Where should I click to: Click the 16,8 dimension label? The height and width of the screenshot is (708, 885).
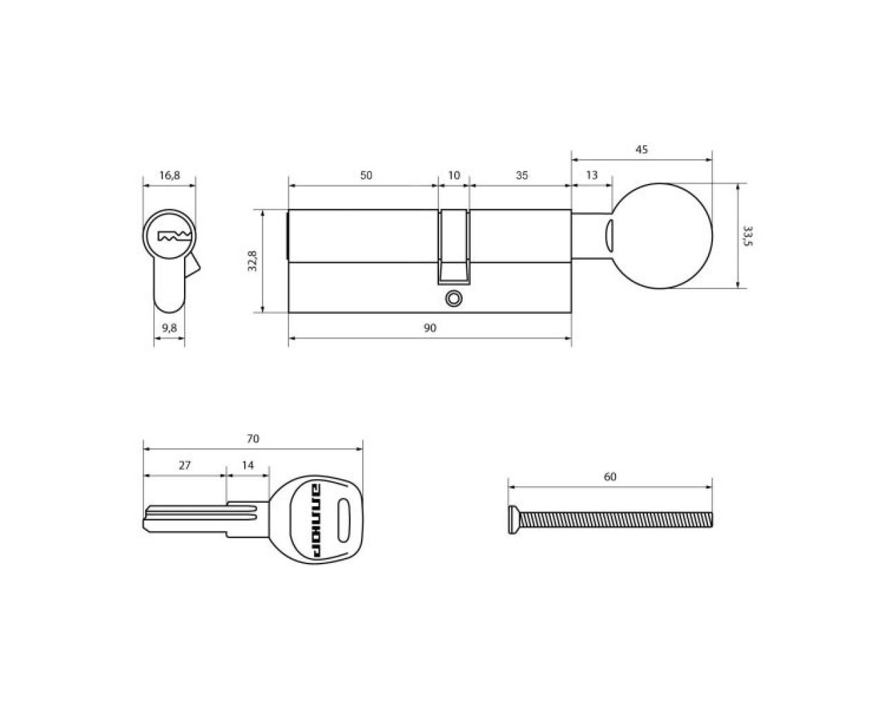click(169, 176)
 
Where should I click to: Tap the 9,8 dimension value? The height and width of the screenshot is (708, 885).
click(169, 328)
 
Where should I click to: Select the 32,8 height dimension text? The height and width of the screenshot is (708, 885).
click(252, 261)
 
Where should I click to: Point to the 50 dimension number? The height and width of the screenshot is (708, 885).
click(366, 175)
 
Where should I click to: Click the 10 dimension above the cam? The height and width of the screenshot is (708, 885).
click(454, 175)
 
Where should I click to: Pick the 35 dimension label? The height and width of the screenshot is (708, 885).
click(521, 175)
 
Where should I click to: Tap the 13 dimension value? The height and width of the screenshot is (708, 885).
click(591, 175)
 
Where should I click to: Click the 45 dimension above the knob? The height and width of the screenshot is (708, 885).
click(642, 149)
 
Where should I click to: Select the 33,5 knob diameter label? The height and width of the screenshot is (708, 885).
click(747, 236)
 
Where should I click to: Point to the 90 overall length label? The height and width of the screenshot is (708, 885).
click(430, 328)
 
